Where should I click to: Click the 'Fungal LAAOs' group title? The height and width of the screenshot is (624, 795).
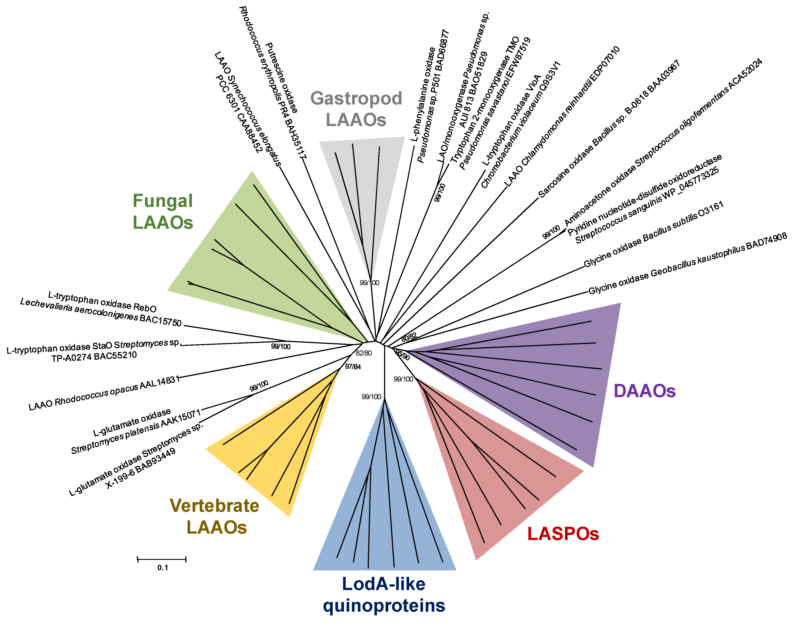click(163, 212)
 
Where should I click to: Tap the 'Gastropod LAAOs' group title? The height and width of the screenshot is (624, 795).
click(356, 109)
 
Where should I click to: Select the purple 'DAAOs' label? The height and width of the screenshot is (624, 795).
click(645, 391)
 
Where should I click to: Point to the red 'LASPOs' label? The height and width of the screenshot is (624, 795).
click(563, 534)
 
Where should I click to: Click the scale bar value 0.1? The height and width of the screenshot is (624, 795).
click(163, 567)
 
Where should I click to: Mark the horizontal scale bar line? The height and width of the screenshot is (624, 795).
click(162, 559)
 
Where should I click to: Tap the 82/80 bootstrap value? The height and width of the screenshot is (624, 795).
click(364, 353)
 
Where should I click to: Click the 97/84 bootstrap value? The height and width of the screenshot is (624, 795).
click(353, 366)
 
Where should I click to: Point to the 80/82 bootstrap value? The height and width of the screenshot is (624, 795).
click(409, 337)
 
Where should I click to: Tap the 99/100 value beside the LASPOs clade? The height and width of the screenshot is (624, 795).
click(403, 379)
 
